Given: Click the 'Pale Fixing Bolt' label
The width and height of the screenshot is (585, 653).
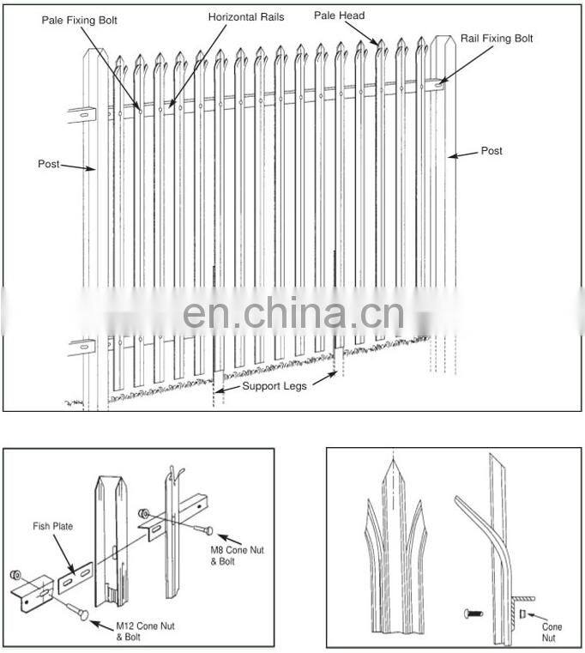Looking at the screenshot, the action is [79, 21].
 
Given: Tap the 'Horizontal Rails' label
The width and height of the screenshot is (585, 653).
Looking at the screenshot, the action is [246, 17].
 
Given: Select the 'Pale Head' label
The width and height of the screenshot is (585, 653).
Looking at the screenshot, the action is [340, 15].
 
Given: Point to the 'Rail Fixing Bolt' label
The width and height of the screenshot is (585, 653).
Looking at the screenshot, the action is [497, 39].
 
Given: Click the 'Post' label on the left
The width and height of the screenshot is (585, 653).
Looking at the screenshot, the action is [49, 164].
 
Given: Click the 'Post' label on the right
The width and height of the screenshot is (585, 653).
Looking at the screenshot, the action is [492, 151].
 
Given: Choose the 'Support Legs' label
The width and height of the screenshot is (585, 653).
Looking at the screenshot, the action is [274, 386].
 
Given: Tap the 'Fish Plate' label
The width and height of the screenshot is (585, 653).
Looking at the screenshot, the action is [53, 526].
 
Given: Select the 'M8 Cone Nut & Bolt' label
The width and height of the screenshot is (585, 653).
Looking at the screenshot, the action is [237, 555].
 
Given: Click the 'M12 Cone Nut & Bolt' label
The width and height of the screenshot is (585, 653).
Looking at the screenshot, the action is [145, 632].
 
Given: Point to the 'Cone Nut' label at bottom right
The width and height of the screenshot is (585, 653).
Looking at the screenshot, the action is [552, 632].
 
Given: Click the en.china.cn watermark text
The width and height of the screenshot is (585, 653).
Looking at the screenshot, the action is [293, 312].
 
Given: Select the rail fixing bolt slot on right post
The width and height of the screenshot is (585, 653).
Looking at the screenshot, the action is [439, 85].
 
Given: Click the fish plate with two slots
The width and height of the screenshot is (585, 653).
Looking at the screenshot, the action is [75, 577].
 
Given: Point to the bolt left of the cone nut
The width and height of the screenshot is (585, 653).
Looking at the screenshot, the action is [473, 613].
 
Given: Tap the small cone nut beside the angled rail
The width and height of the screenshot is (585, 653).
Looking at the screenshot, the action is [522, 614].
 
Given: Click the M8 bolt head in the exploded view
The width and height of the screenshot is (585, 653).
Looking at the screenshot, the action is [209, 530].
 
